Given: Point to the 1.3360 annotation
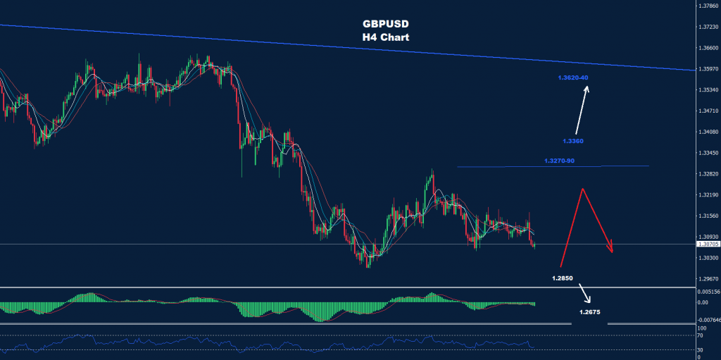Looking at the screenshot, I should point(573,141).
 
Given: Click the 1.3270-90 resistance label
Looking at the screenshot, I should point(560,161).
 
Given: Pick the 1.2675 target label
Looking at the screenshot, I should point(590,311).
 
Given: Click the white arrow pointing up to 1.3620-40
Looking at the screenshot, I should point(581,110).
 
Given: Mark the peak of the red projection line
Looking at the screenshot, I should point(582,189).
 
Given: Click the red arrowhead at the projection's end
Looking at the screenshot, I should point(611,249).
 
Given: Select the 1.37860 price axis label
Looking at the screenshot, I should point(706,6).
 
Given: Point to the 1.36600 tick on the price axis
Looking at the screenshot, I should point(706,48).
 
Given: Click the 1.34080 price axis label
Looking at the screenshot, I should point(706,132).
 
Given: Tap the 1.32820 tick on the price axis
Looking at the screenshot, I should point(706,173).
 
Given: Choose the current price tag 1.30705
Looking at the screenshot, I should point(706,244).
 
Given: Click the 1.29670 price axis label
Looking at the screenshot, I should point(706,278).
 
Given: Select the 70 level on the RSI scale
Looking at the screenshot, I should point(701,336).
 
